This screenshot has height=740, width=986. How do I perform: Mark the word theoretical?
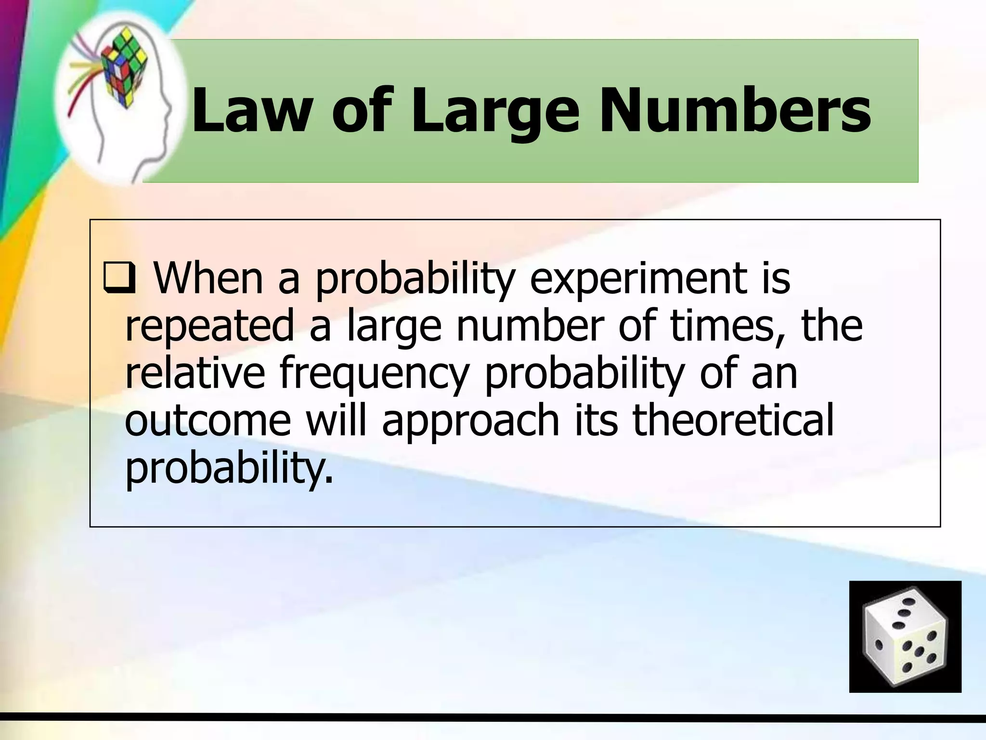pyautogui.click(x=732, y=420)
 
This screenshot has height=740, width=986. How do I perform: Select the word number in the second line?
pyautogui.click(x=530, y=326)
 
